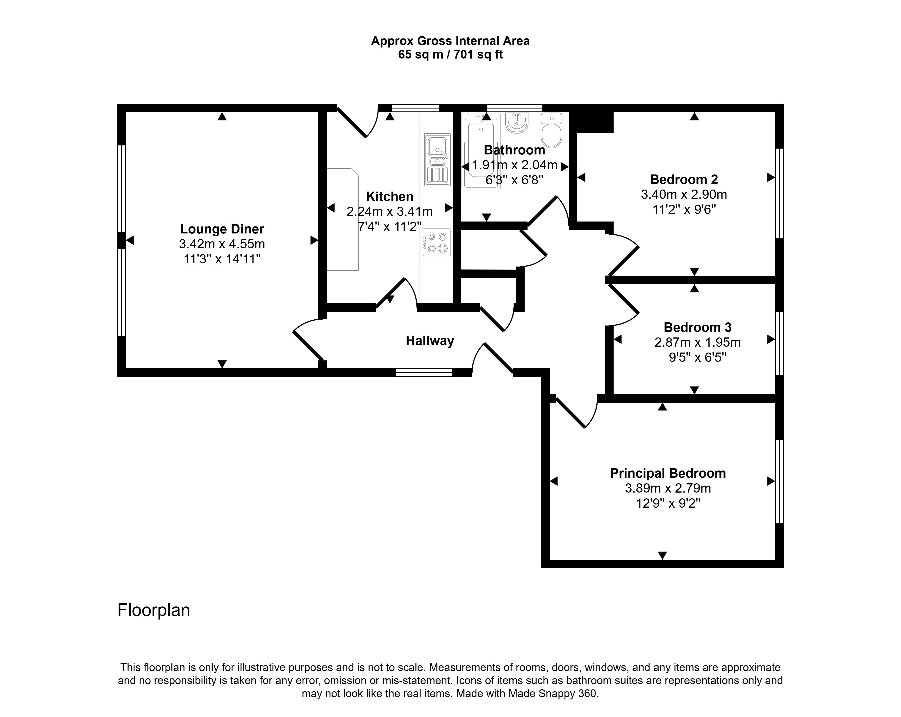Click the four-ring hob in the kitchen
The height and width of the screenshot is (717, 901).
click(x=436, y=243)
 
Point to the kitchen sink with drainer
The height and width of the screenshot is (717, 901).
click(x=437, y=160)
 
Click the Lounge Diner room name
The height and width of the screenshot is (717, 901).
click(x=222, y=229)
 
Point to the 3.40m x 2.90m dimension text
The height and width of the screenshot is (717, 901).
click(x=684, y=195)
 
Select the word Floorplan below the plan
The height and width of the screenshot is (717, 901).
click(x=154, y=610)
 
